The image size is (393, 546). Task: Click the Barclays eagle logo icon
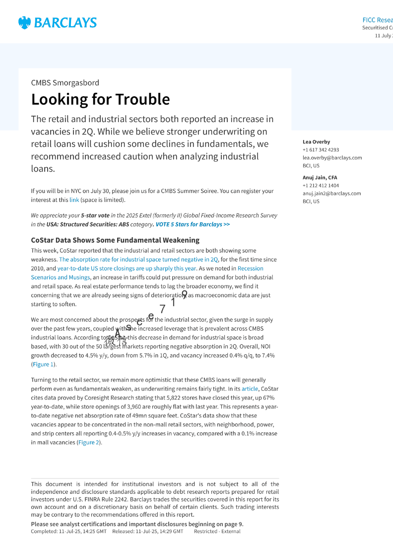(x=24, y=23)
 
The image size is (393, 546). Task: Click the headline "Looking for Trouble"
(x=100, y=99)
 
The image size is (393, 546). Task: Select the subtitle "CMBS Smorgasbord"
(x=65, y=83)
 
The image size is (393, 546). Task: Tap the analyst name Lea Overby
(x=316, y=142)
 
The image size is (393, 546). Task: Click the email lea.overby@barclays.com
(x=332, y=158)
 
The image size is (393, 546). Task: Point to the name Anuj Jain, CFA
(x=320, y=177)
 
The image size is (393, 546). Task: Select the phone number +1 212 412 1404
(x=321, y=185)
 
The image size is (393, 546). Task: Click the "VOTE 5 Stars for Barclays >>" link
(x=193, y=224)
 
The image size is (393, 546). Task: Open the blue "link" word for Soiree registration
(x=74, y=200)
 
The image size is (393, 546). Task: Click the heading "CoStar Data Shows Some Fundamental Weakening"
(x=115, y=240)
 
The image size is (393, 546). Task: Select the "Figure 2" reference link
(x=89, y=442)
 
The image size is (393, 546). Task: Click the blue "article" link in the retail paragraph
(x=249, y=389)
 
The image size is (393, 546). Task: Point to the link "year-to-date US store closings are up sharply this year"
(x=127, y=268)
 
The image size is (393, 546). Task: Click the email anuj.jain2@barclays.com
(x=331, y=193)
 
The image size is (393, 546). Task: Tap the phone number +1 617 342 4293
(x=321, y=150)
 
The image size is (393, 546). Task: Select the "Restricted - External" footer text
(x=217, y=531)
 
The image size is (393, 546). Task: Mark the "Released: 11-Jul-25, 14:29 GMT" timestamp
(x=148, y=531)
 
